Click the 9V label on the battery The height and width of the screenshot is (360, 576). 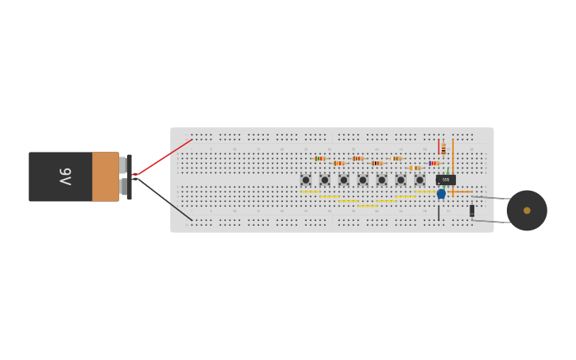65,176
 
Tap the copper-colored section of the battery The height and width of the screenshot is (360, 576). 105,176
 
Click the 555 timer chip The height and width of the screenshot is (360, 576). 446,180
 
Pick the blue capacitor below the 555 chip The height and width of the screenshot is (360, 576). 441,194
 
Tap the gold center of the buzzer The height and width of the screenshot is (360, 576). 527,211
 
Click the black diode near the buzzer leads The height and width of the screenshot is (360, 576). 472,211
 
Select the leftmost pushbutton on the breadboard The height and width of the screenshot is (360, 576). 306,180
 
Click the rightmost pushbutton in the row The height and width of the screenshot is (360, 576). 419,180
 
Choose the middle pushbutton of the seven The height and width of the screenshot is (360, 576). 363,180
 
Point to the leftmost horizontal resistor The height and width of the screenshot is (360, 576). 319,158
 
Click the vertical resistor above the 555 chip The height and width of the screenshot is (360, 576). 443,149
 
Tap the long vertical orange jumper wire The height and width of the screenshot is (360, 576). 453,163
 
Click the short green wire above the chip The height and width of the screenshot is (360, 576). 447,170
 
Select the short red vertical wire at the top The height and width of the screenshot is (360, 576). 439,147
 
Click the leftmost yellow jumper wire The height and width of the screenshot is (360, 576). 311,192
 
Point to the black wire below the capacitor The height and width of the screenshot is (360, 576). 439,212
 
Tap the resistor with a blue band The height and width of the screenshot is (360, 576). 434,163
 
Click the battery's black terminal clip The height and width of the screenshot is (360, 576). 129,176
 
